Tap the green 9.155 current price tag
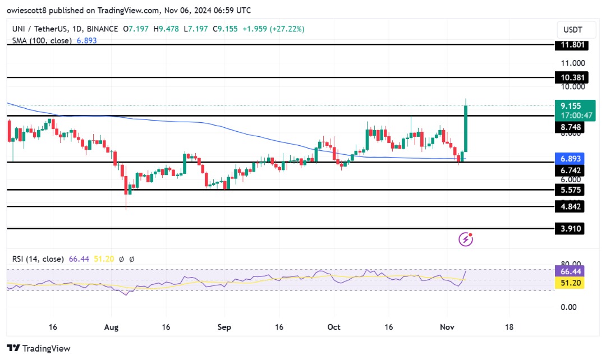(569, 105)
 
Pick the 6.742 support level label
(569, 170)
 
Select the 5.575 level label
(569, 190)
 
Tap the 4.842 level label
(569, 207)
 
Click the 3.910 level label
(569, 228)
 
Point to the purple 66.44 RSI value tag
(569, 271)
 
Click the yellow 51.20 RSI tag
(569, 283)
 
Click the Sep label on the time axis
(224, 326)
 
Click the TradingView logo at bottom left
(39, 348)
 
